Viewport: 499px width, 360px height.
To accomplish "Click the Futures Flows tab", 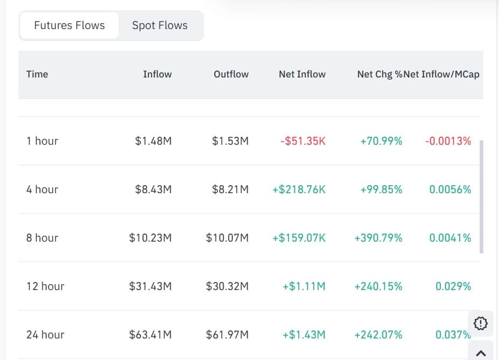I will [x=69, y=25].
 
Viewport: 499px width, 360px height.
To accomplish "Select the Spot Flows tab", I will [x=160, y=25].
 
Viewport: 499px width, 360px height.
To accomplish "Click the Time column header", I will [x=37, y=74].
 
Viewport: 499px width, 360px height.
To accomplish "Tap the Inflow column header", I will [x=157, y=74].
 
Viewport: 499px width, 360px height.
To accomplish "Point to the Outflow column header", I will [x=231, y=74].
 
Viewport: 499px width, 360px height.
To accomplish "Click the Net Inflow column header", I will [x=302, y=74].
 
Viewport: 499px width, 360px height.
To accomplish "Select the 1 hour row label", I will [x=42, y=141].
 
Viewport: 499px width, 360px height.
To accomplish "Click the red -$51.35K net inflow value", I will [x=303, y=141].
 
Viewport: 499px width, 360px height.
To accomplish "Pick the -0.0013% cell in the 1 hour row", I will [x=448, y=141].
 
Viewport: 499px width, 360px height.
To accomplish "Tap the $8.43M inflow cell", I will [x=153, y=189].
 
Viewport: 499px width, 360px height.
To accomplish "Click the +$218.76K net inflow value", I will [x=299, y=189].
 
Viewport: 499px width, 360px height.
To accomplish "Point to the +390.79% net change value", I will [x=378, y=238].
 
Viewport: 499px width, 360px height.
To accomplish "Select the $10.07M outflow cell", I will [x=227, y=238].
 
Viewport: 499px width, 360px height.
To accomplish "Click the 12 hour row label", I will [x=45, y=286].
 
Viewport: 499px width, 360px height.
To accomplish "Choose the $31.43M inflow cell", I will [x=150, y=286].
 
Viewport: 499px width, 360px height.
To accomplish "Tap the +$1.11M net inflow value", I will [x=304, y=286].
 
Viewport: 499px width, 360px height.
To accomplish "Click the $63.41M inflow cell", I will [x=150, y=335].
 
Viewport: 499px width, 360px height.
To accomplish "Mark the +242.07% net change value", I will [x=378, y=335].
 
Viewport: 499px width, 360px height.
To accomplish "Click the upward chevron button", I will [x=481, y=353].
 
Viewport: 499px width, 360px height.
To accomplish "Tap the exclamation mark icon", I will [x=480, y=323].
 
